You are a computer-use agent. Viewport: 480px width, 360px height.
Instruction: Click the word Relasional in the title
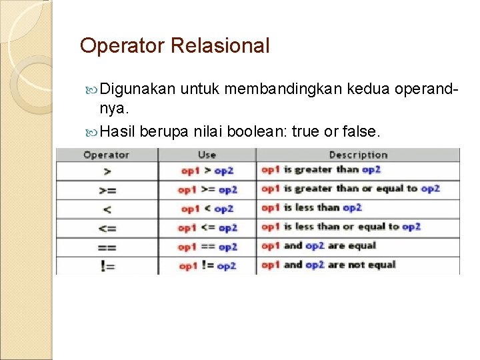click(220, 46)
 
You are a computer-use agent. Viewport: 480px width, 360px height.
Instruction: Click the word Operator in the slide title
click(122, 46)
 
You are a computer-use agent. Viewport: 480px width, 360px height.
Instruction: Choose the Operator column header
click(106, 155)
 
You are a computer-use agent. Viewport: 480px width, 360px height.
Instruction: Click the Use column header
click(207, 155)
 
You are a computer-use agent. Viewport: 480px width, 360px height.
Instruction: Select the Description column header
click(358, 155)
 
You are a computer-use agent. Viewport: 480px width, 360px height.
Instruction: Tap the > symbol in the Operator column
click(106, 171)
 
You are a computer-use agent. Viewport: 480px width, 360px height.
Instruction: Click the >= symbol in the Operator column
click(107, 190)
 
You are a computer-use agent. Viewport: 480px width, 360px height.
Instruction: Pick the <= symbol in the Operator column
click(107, 228)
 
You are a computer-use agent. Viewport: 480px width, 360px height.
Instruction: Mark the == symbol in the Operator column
click(107, 247)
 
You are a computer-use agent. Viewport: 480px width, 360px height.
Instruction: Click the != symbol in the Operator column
click(107, 265)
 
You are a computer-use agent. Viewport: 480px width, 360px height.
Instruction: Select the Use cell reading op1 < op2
click(207, 209)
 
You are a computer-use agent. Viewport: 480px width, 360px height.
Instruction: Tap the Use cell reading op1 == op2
click(207, 247)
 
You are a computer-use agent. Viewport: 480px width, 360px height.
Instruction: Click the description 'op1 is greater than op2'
click(321, 170)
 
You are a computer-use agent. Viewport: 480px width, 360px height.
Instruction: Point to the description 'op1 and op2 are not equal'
click(328, 265)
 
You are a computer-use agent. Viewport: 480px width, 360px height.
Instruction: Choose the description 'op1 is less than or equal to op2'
click(341, 227)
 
